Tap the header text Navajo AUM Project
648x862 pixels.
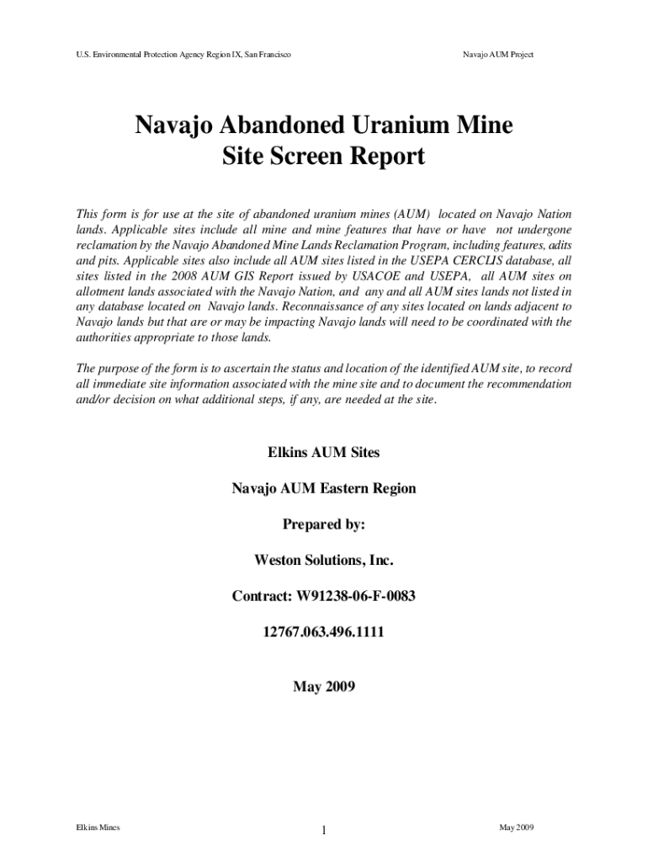click(498, 55)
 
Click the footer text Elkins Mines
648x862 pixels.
click(98, 827)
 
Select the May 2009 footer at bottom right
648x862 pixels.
click(516, 827)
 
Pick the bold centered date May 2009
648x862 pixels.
click(324, 687)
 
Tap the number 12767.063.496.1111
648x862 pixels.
click(324, 631)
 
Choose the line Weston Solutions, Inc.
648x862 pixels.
click(324, 560)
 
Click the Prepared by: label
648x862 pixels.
click(324, 524)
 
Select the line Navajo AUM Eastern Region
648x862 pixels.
click(324, 488)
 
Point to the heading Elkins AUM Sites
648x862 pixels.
click(324, 452)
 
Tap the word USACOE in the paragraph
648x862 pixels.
click(363, 276)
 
